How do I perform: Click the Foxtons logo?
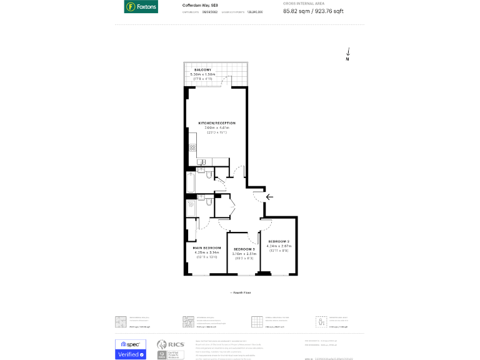click(141, 7)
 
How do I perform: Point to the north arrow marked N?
click(347, 55)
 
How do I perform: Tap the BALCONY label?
click(202, 69)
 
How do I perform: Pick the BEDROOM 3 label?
click(244, 249)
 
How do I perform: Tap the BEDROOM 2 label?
click(279, 241)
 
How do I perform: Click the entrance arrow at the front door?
click(269, 197)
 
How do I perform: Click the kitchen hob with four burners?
click(192, 148)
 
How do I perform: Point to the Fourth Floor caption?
click(239, 292)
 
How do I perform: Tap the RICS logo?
click(170, 344)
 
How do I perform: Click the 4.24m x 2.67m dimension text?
click(279, 246)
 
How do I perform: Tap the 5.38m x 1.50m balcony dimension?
click(202, 74)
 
